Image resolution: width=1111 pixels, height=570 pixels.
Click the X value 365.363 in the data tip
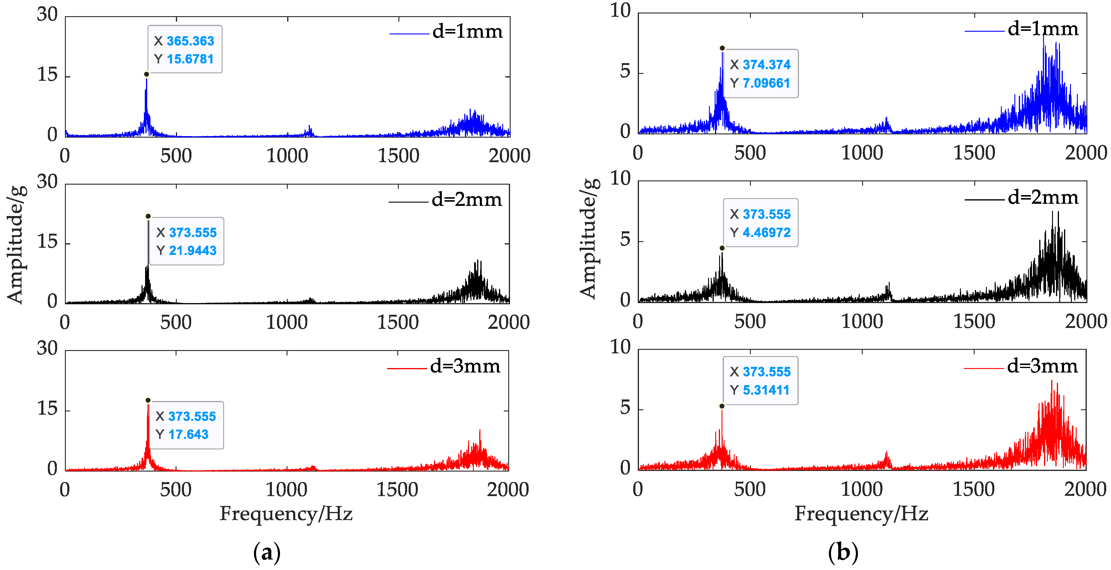pyautogui.click(x=190, y=41)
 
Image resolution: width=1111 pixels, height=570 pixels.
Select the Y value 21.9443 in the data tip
pyautogui.click(x=192, y=251)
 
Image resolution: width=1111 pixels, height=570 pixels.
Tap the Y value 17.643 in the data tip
pyautogui.click(x=188, y=434)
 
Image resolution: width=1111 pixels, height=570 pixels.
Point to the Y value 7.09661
pyautogui.click(x=766, y=83)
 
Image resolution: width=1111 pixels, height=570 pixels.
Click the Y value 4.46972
pyautogui.click(x=766, y=232)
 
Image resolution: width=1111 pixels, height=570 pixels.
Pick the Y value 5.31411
pyautogui.click(x=766, y=390)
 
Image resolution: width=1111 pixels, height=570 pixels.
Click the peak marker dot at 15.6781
pyautogui.click(x=147, y=74)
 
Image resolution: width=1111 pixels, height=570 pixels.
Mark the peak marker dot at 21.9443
pyautogui.click(x=148, y=216)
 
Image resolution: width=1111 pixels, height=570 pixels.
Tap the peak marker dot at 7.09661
pyautogui.click(x=722, y=48)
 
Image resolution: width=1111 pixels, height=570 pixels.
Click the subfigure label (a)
pyautogui.click(x=267, y=553)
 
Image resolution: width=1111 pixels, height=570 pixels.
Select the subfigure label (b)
pyautogui.click(x=843, y=553)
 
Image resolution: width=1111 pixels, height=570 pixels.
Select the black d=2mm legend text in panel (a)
pyautogui.click(x=467, y=200)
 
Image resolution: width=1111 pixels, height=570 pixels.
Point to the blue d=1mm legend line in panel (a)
pyautogui.click(x=409, y=34)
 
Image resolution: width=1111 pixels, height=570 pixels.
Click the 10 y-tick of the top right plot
pyautogui.click(x=620, y=11)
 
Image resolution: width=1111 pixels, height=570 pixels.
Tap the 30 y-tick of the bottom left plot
pyautogui.click(x=47, y=348)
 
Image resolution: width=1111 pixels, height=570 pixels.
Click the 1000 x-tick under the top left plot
pyautogui.click(x=287, y=156)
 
